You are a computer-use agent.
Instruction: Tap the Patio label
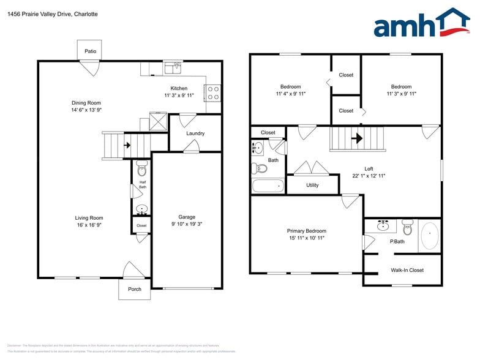[90, 51]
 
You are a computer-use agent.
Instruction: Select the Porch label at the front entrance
[134, 289]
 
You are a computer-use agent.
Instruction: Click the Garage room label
[187, 217]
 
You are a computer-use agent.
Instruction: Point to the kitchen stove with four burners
[213, 93]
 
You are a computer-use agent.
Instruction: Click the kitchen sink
[173, 65]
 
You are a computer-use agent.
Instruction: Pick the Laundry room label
[195, 133]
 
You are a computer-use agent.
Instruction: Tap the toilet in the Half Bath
[141, 168]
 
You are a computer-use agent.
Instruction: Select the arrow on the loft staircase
[357, 138]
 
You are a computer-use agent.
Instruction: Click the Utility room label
[312, 185]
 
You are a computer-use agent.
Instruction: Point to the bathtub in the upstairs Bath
[268, 186]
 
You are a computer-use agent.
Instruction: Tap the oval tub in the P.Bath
[430, 236]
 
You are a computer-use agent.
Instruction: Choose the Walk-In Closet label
[407, 270]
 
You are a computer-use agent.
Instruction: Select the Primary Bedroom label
[306, 231]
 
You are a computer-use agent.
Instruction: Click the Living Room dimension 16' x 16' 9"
[89, 225]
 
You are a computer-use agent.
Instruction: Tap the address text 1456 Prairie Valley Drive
[40, 14]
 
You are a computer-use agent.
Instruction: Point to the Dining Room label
[86, 103]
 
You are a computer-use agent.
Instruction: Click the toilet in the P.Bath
[408, 230]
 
